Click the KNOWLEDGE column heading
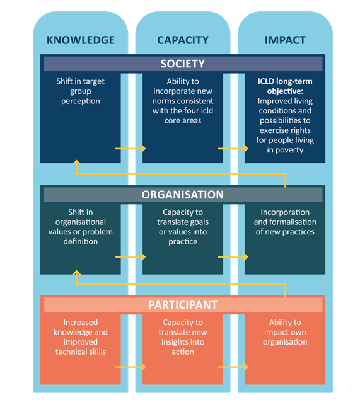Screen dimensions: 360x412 point(81,40)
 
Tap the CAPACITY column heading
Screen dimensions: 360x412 point(183,40)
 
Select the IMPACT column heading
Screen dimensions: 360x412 point(285,40)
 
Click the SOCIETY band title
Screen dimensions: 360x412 point(183,64)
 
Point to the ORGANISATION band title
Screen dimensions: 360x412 point(183,195)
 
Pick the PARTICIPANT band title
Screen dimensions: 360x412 point(183,305)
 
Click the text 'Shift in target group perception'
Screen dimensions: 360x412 point(81,91)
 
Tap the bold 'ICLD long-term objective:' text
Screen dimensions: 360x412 point(285,86)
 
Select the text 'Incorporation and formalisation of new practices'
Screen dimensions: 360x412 point(285,222)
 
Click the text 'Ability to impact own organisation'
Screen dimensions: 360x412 point(285,332)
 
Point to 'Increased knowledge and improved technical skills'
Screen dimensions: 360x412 point(81,337)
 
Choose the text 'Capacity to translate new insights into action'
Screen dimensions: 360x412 point(183,337)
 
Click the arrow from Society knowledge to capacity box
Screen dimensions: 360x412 point(131,149)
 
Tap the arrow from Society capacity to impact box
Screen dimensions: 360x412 point(233,149)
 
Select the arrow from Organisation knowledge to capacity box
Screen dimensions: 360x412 point(131,256)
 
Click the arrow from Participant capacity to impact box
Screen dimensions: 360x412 point(233,367)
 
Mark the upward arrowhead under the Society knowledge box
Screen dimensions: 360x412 point(76,163)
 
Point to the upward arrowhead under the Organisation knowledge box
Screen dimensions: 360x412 point(76,273)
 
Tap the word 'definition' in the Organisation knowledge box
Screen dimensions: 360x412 point(81,241)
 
